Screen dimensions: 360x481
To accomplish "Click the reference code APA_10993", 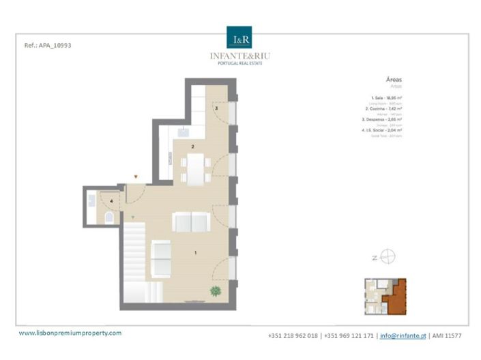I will (48, 45).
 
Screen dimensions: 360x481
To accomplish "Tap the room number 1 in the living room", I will (196, 253).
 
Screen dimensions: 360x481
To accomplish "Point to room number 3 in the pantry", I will (216, 108).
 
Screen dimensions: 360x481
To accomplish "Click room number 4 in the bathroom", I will (112, 201).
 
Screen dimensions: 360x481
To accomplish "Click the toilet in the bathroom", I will (109, 218).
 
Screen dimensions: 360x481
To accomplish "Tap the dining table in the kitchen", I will (195, 168).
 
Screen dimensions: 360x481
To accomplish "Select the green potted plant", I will (216, 292).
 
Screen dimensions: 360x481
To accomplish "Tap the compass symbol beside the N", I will (388, 258).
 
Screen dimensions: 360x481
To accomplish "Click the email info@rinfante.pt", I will (403, 335).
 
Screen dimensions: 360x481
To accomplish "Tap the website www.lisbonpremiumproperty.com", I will (70, 333).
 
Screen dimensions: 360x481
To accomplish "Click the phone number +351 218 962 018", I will (293, 335).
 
